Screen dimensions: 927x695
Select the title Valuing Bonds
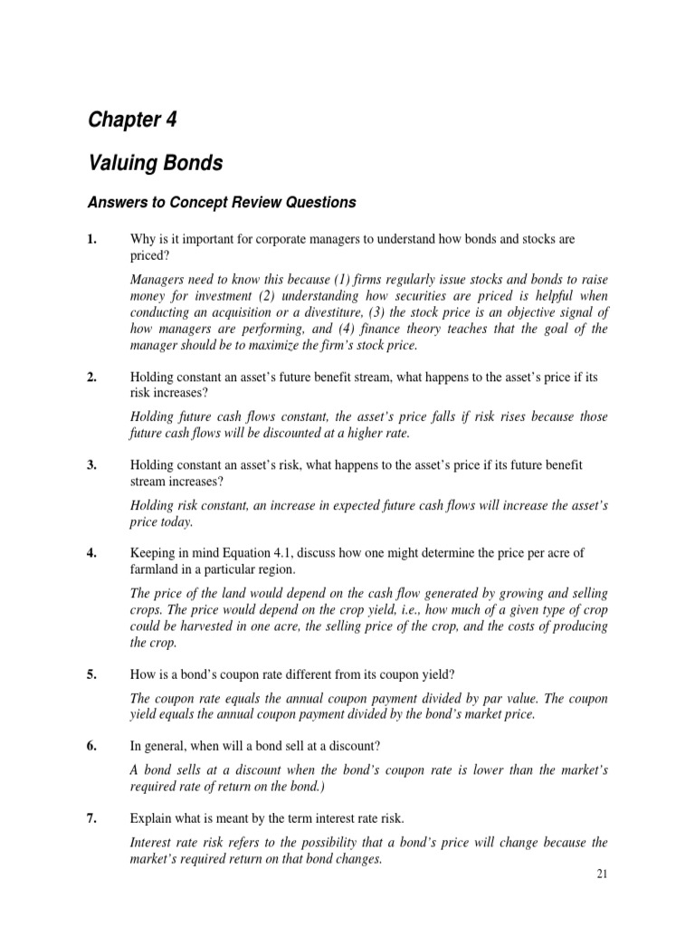click(x=154, y=164)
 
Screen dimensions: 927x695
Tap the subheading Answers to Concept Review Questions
click(x=222, y=203)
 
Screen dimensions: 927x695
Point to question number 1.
click(x=91, y=238)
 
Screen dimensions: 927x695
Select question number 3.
click(x=91, y=464)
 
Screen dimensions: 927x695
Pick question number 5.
click(x=91, y=673)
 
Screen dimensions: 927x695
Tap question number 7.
click(x=91, y=818)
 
